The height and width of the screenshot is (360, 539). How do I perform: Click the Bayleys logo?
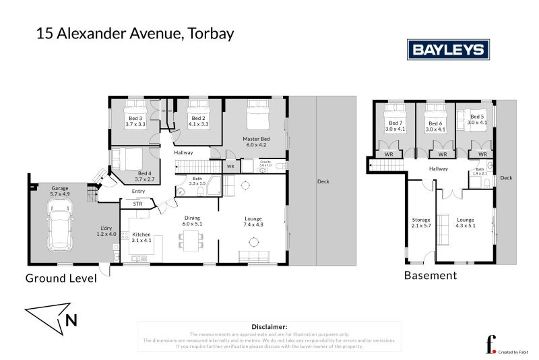tap(448, 49)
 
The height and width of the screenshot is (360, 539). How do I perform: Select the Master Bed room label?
tap(256, 142)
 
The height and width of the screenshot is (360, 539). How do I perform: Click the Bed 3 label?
tap(135, 121)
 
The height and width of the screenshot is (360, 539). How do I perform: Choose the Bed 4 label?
tap(144, 176)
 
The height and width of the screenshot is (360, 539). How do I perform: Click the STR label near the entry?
tap(137, 203)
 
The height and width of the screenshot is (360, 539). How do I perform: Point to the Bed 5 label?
tap(478, 119)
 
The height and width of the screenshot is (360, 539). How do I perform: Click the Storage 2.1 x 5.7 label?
tap(421, 222)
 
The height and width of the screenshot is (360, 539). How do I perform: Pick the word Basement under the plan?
tap(430, 275)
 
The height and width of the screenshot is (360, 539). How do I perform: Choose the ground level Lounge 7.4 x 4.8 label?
tap(253, 222)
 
